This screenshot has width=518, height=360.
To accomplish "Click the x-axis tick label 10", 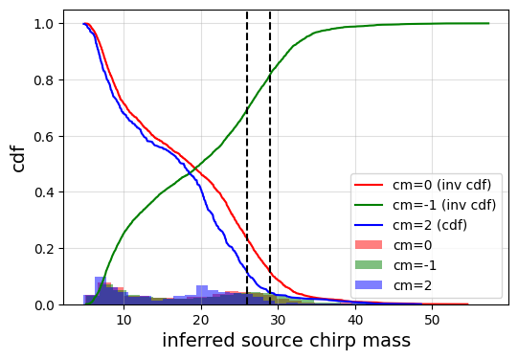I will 123,319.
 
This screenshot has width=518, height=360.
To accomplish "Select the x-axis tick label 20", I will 200,319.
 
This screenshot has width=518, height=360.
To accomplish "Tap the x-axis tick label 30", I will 278,319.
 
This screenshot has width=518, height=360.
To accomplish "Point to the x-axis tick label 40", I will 355,319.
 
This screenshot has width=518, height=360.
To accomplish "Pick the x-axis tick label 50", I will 432,319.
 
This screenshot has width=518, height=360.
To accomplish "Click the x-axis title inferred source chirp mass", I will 285,341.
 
